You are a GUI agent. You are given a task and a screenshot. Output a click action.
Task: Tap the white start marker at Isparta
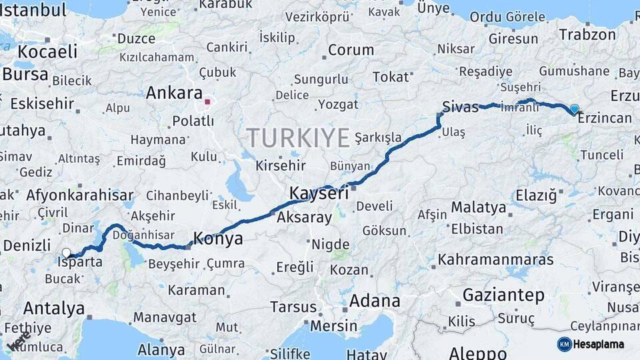tap(67, 253)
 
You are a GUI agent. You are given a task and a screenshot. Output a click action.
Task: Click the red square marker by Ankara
tap(207, 103)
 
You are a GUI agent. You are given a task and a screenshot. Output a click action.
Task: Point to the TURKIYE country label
tap(298, 138)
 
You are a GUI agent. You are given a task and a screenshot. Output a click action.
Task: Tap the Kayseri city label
tap(319, 193)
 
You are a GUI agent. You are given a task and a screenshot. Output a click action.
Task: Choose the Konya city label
tap(218, 238)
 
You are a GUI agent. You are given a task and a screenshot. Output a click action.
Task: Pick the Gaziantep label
tap(503, 295)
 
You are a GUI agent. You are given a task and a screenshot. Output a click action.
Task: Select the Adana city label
tap(375, 301)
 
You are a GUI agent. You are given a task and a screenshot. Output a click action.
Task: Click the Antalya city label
tap(53, 309)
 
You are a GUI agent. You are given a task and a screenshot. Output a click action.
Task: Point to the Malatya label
tap(478, 207)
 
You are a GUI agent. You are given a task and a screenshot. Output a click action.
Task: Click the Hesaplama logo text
tap(599, 344)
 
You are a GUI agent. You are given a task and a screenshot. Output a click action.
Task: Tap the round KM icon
tap(564, 344)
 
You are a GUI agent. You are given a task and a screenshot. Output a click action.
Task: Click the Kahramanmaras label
tap(496, 259)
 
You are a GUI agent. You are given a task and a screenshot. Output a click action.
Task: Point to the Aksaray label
tap(304, 217)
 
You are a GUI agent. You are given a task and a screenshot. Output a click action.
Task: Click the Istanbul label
tap(33, 10)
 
